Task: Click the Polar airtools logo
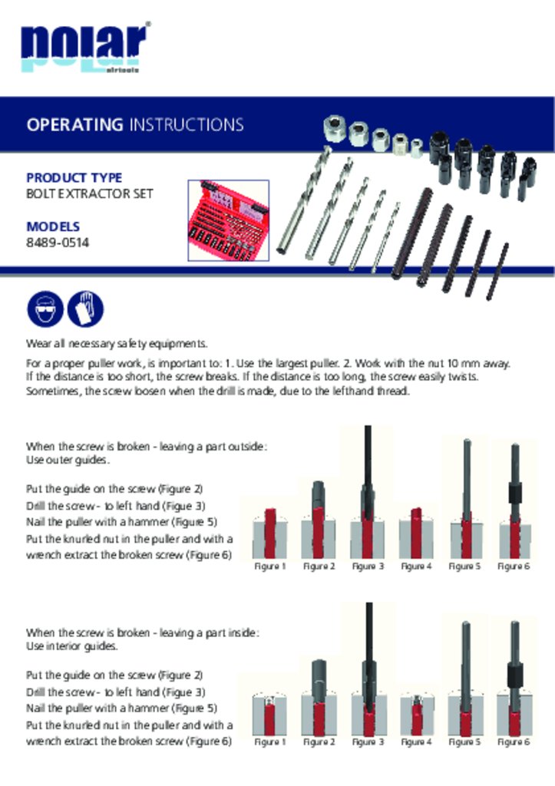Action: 85,48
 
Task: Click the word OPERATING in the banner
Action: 74,124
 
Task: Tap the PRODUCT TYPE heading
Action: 74,178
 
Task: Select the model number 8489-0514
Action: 58,243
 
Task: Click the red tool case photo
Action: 229,220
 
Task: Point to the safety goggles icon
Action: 45,309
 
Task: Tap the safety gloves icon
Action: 85,309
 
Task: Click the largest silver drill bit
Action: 304,200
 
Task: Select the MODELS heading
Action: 53,226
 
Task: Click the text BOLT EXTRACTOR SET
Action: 90,193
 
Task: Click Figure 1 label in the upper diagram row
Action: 270,566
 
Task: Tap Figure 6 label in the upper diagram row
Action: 514,566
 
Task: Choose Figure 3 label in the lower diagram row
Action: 368,742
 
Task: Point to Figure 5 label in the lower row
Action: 464,742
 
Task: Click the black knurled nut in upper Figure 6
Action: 515,493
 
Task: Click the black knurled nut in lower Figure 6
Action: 515,675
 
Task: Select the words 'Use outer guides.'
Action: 68,461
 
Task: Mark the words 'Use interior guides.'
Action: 71,646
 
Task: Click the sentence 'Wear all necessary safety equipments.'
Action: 117,344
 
